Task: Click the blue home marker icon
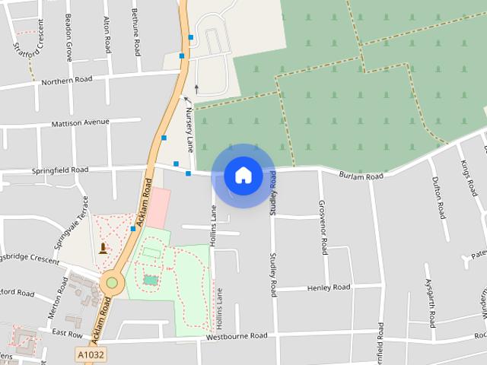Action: click(x=243, y=176)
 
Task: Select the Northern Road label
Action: click(x=67, y=80)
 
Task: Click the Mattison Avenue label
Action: click(x=81, y=122)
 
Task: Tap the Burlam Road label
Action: click(x=361, y=176)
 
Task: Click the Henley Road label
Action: click(x=329, y=287)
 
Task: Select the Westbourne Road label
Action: click(x=237, y=335)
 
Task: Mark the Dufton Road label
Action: click(x=438, y=197)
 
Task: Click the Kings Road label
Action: click(x=466, y=179)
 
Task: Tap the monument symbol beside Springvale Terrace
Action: click(x=103, y=248)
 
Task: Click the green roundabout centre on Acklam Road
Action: click(x=112, y=283)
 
